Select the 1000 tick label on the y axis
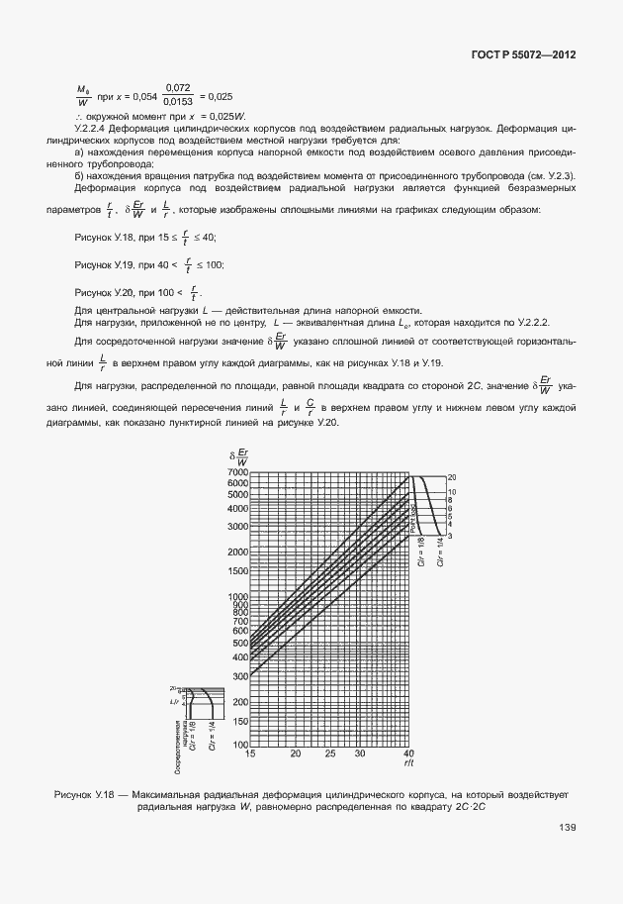236,597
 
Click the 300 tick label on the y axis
239,675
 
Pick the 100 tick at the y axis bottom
239,744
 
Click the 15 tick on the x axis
250,753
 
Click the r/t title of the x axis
407,763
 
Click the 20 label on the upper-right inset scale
451,477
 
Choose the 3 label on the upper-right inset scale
451,536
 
